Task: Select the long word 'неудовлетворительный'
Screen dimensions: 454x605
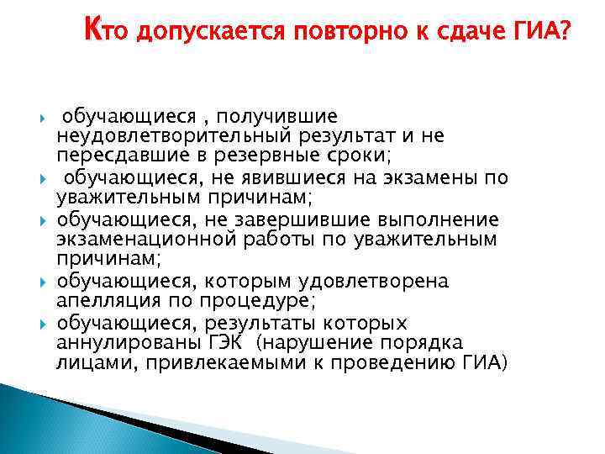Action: (x=172, y=135)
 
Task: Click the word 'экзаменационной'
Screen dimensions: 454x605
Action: (x=147, y=240)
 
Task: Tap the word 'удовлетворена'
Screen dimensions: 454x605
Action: (x=373, y=282)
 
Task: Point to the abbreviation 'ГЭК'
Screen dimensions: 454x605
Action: (x=229, y=344)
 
